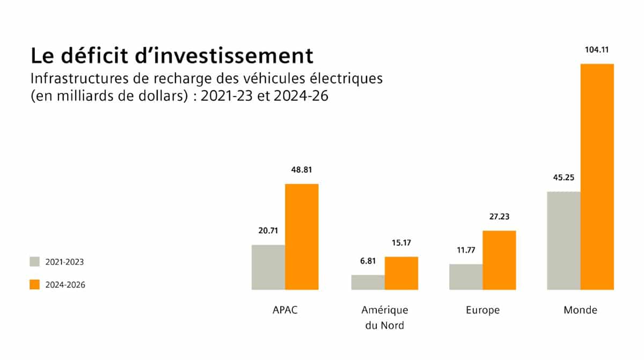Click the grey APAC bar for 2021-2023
click(x=268, y=267)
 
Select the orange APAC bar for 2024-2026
click(x=302, y=237)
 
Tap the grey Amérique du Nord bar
click(x=368, y=282)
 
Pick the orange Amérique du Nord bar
click(x=401, y=273)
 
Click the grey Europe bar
click(x=466, y=277)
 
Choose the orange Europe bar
click(x=499, y=260)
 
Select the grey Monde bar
click(x=563, y=240)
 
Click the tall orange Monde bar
click(x=597, y=177)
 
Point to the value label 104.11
click(x=597, y=51)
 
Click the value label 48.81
click(x=302, y=170)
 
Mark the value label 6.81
click(x=368, y=262)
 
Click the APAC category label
click(x=285, y=310)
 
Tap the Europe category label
click(x=483, y=310)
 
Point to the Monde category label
click(x=580, y=310)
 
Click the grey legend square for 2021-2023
click(x=35, y=262)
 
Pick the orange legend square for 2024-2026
click(x=35, y=284)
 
